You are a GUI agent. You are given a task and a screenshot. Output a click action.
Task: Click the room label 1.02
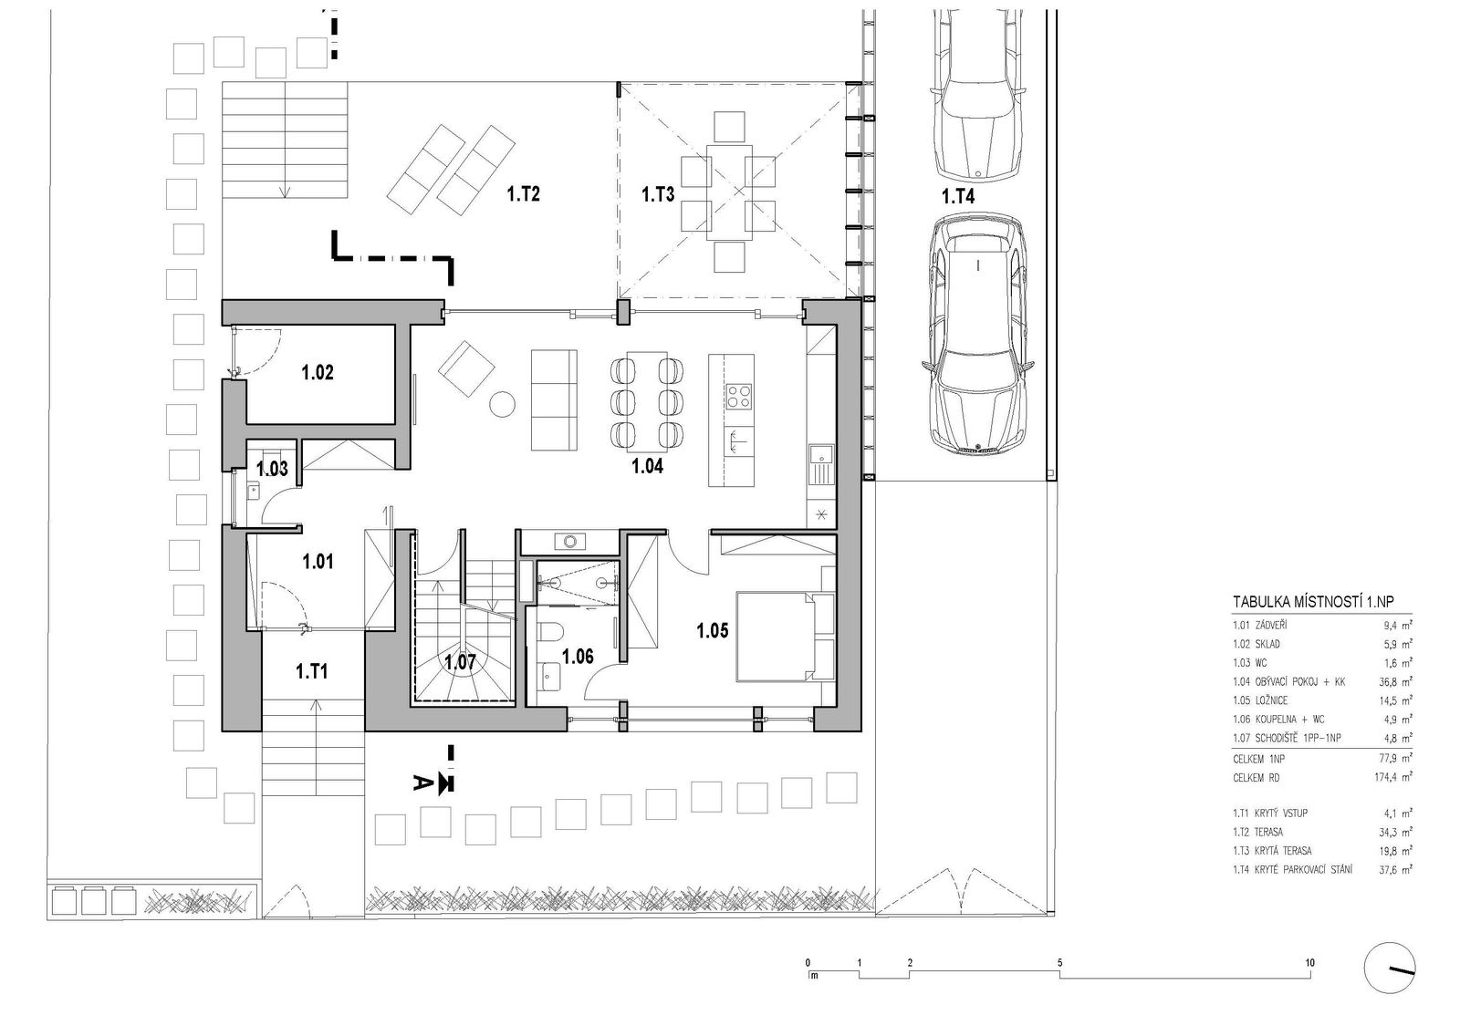(318, 373)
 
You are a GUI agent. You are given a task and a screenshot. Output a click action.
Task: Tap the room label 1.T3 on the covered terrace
(658, 194)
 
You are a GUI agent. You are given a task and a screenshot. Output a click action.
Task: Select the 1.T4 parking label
(957, 196)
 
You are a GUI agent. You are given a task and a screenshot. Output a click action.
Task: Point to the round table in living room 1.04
(502, 404)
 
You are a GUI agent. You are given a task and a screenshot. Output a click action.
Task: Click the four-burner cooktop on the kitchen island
(739, 396)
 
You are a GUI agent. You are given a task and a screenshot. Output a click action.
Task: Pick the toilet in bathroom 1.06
(551, 631)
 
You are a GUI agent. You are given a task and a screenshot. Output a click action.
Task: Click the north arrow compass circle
(1389, 968)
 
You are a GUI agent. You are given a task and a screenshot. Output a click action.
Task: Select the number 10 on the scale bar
(1310, 963)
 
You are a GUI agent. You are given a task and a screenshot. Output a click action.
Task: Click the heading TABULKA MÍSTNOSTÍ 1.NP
(1313, 602)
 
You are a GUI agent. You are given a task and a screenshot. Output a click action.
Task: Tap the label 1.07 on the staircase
(460, 662)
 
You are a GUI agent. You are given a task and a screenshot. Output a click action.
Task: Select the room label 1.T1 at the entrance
(311, 671)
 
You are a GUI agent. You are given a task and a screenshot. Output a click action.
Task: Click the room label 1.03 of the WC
(272, 469)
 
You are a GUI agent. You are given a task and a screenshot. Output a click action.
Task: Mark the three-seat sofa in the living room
(554, 400)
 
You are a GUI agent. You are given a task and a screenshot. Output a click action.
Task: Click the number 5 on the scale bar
(1059, 963)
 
